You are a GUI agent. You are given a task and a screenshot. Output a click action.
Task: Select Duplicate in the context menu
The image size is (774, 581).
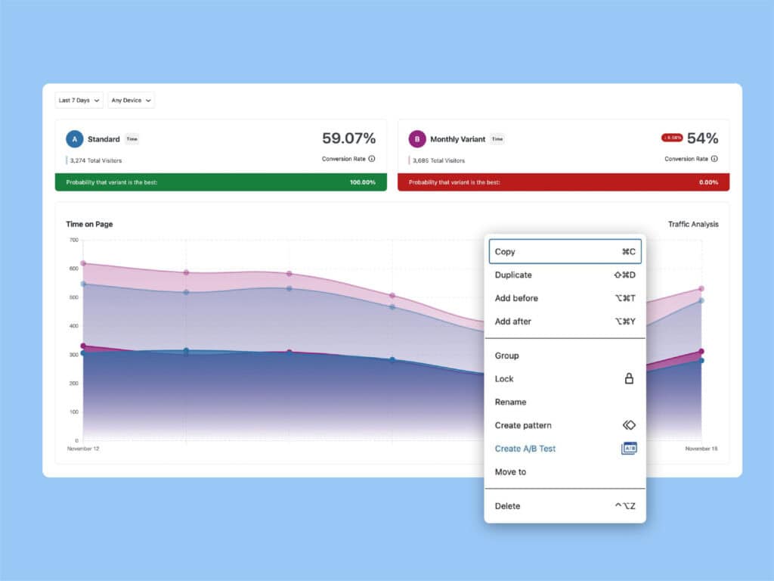(513, 275)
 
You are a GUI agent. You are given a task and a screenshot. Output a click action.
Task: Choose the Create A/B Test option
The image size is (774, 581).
(525, 449)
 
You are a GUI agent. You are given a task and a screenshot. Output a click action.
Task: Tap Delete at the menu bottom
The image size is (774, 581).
(507, 506)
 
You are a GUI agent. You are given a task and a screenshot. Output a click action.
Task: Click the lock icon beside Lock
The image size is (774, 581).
(629, 378)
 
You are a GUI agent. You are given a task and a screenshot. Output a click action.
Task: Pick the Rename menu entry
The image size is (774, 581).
(510, 402)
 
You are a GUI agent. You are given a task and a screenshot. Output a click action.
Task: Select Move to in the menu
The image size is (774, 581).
(510, 472)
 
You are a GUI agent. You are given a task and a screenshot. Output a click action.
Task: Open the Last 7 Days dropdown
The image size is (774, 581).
(79, 100)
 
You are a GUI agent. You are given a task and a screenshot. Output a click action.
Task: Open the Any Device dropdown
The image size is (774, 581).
(132, 100)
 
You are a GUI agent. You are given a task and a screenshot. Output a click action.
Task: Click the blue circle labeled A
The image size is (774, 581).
(74, 139)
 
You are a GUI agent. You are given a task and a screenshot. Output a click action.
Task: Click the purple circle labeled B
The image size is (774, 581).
(417, 139)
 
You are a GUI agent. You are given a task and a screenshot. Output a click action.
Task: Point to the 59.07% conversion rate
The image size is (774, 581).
(348, 138)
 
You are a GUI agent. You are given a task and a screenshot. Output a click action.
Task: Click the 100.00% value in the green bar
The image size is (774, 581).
(363, 182)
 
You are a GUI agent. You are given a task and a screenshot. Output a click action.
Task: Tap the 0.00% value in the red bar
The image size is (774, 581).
(708, 182)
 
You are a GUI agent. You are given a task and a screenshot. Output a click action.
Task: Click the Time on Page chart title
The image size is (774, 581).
(89, 224)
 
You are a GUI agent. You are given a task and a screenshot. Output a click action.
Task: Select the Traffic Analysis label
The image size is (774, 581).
(693, 224)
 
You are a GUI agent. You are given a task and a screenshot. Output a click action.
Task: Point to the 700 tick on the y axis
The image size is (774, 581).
(73, 240)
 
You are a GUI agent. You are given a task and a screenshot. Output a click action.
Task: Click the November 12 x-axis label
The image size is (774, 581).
(83, 449)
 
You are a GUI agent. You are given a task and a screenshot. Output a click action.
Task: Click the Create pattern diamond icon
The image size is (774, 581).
(629, 425)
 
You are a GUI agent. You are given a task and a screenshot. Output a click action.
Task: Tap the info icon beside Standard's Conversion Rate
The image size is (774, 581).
(372, 159)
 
